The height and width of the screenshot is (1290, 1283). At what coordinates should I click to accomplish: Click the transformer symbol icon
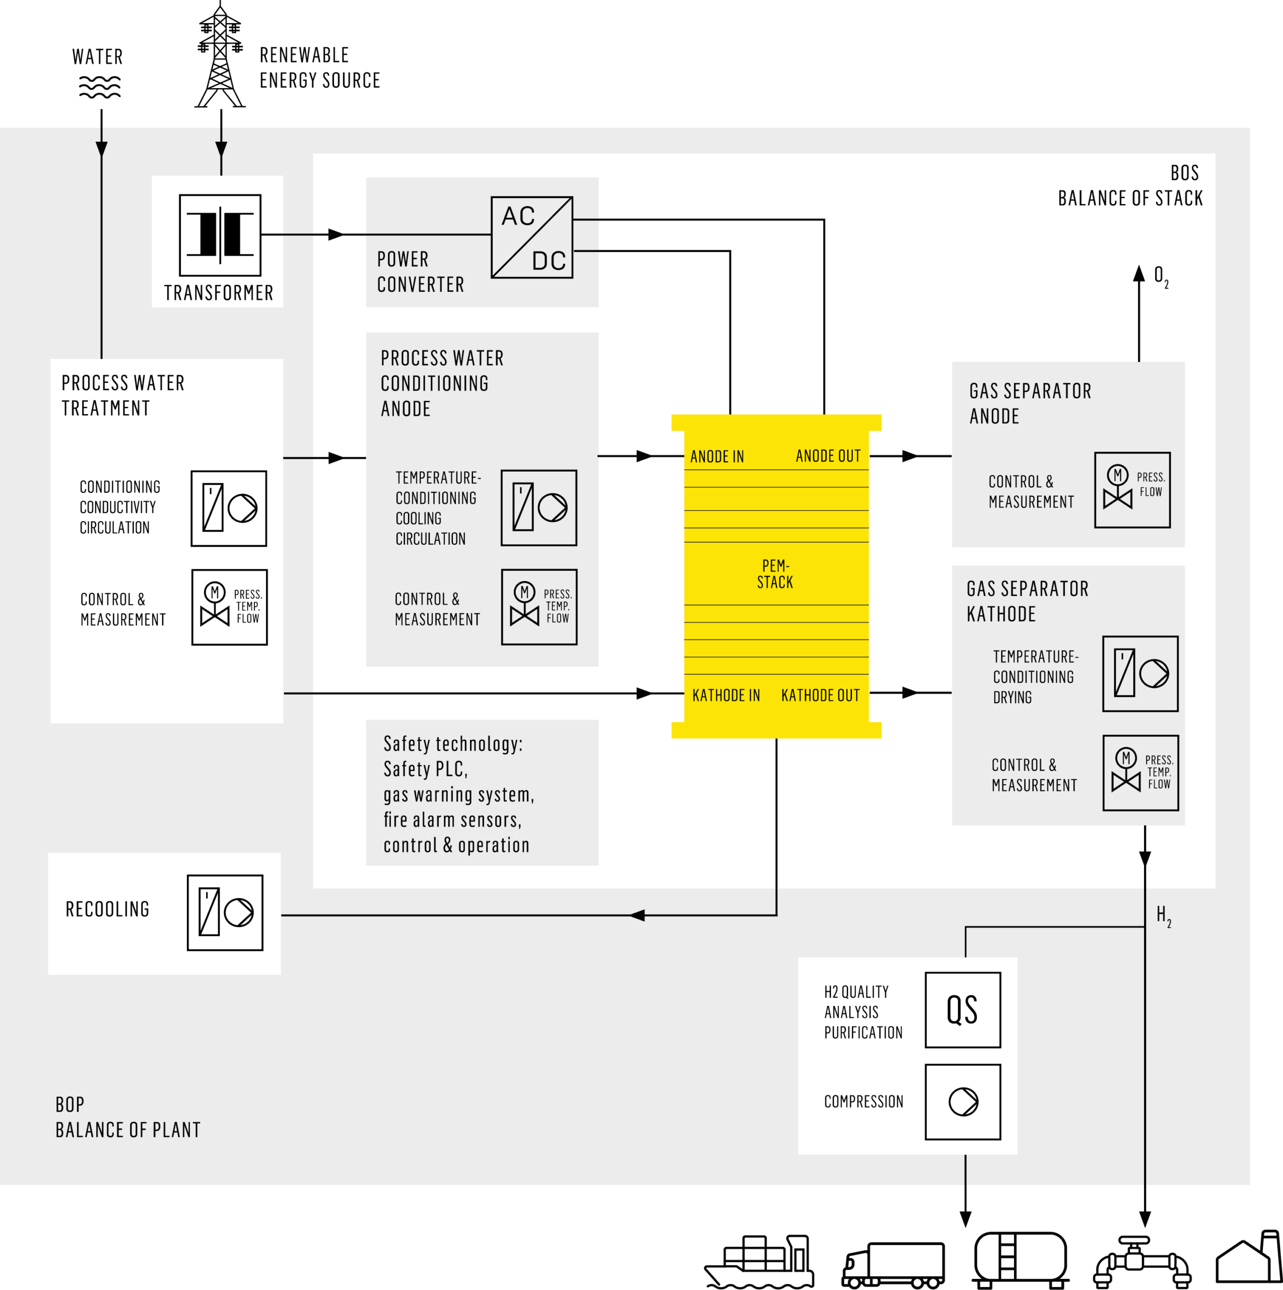pos(220,234)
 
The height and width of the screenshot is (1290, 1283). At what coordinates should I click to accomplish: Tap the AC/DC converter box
pos(531,237)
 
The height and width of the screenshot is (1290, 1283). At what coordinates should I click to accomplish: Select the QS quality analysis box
pos(963,1009)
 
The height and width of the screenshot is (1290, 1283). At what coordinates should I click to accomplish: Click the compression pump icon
pos(963,1102)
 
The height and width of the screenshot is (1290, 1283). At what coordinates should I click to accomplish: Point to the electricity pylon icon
pos(220,55)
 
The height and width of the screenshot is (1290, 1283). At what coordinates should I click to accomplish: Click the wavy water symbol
pos(100,87)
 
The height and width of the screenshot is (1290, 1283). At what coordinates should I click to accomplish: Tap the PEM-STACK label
pos(775,573)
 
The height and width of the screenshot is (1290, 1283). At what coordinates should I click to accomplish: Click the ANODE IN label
pos(717,457)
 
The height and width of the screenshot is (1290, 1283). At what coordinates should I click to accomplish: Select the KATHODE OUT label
pos(821,695)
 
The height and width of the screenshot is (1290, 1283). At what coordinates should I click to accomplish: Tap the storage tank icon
pos(1020,1260)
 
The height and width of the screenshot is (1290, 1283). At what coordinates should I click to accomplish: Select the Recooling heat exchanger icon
pos(225,912)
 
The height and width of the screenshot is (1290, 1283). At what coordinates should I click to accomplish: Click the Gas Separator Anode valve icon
pos(1132,490)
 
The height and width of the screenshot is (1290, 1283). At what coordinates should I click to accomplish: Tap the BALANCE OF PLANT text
pos(128,1130)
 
